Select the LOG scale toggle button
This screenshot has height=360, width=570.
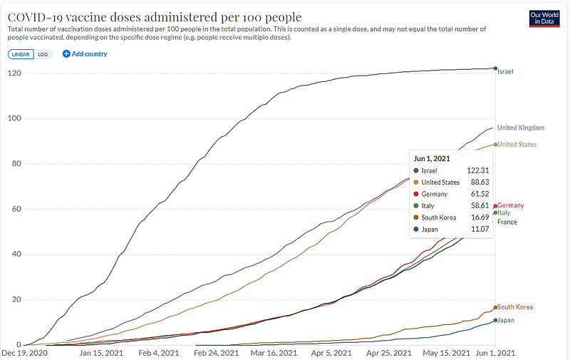[43, 54]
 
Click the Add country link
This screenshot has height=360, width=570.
[85, 54]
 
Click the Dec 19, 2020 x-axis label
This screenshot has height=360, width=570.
[26, 352]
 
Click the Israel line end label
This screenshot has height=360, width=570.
[505, 72]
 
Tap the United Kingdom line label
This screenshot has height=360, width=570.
[520, 128]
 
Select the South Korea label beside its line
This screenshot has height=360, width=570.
[515, 307]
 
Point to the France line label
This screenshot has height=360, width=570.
[507, 222]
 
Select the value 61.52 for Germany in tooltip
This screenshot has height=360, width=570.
[476, 194]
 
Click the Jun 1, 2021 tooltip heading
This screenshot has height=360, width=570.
[431, 158]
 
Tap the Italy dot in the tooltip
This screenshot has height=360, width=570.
[416, 205]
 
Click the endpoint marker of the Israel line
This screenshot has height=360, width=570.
[495, 68]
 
